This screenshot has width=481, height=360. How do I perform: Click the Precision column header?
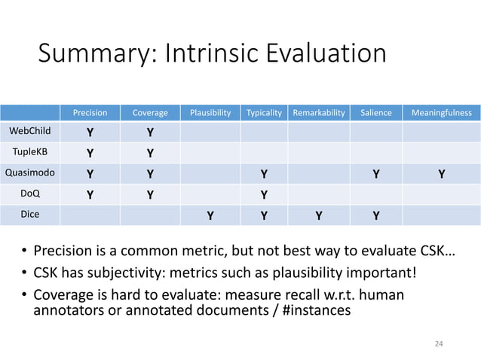click(x=90, y=114)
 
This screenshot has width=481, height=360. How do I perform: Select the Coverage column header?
click(x=150, y=114)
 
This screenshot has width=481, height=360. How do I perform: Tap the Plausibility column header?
click(x=210, y=114)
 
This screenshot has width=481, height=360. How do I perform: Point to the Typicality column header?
click(x=264, y=114)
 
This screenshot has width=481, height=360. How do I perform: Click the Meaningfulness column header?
click(x=442, y=114)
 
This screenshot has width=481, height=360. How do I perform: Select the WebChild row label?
click(x=29, y=133)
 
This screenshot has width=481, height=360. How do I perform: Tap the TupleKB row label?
click(x=29, y=154)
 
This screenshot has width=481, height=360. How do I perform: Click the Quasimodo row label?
click(x=29, y=173)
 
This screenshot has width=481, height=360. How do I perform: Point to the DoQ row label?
click(x=29, y=194)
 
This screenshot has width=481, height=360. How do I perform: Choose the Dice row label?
click(x=29, y=213)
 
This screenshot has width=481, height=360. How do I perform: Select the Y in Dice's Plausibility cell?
click(x=210, y=215)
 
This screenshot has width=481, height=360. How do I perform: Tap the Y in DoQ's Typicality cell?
click(x=264, y=194)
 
